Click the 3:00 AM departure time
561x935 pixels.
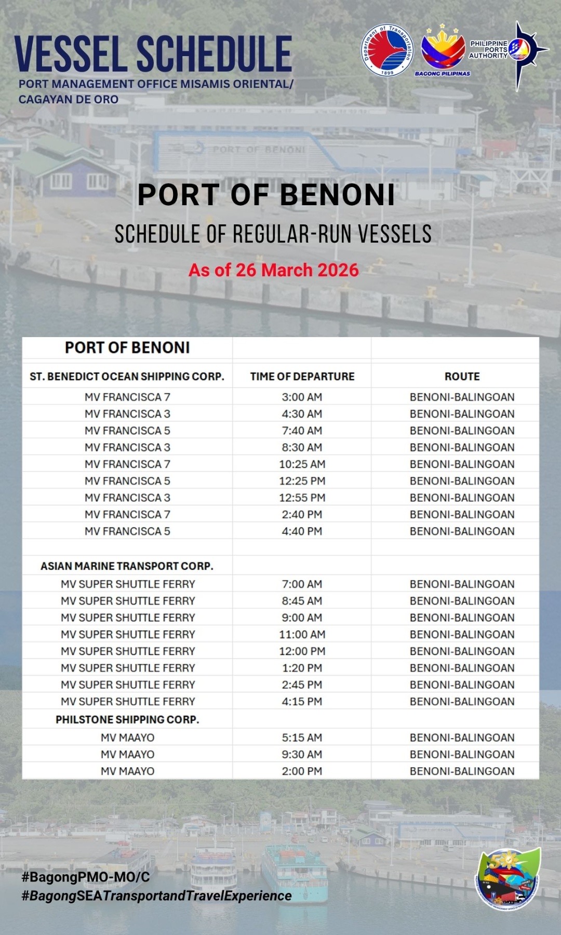pos(302,397)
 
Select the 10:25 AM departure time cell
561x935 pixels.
pos(302,464)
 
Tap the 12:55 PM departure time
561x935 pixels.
pos(302,498)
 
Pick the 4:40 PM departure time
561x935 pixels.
pos(302,531)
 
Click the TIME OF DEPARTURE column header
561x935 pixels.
pos(302,376)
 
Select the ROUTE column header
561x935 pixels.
pos(462,376)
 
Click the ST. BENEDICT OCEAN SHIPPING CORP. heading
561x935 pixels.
pos(127,376)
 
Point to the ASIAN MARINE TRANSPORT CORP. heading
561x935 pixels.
pos(127,566)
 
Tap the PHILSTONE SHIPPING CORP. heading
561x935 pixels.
pos(127,719)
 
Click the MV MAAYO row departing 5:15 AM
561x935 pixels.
pos(127,738)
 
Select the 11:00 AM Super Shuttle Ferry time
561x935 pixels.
pos(302,634)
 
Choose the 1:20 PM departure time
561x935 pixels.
pos(302,668)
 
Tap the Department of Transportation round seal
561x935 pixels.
pos(388,51)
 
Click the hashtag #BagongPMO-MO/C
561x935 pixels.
pos(86,877)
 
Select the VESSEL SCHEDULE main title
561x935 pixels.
pos(153,54)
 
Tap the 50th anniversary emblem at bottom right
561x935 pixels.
pos(508,878)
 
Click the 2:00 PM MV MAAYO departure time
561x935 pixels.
pos(302,771)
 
